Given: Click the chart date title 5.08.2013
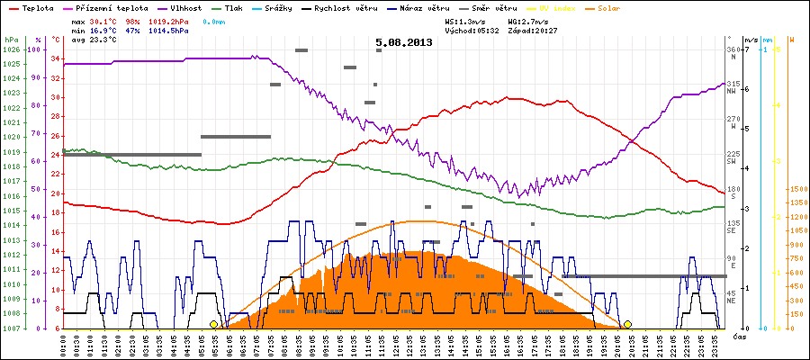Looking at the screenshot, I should (x=404, y=42).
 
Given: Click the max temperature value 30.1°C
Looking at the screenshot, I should (x=104, y=20).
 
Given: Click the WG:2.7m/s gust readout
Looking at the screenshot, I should (x=527, y=20).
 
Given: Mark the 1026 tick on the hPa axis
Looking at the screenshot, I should (x=11, y=49).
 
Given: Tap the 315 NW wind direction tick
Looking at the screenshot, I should (x=733, y=85).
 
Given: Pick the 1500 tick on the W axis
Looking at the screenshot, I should (x=797, y=190).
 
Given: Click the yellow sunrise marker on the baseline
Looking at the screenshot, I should (x=213, y=324).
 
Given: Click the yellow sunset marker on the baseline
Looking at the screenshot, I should (x=627, y=324).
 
